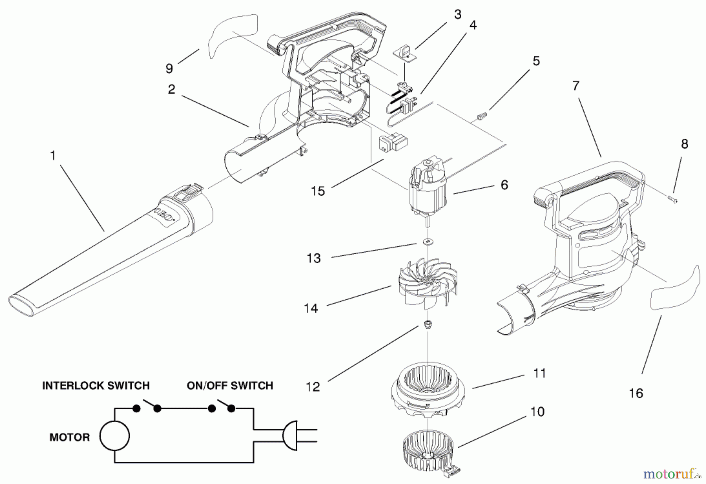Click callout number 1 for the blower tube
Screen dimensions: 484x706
[53, 156]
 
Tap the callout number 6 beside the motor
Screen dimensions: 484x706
[504, 184]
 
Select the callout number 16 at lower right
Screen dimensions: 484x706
[636, 393]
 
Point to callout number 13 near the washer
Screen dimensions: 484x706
[314, 258]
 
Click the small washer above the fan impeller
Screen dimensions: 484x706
[428, 241]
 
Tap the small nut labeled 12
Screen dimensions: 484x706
[428, 324]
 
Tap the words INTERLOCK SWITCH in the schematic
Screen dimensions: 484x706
[96, 385]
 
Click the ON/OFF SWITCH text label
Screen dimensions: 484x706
[230, 385]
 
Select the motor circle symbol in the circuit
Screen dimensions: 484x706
[114, 436]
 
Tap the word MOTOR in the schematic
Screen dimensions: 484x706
[69, 437]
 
